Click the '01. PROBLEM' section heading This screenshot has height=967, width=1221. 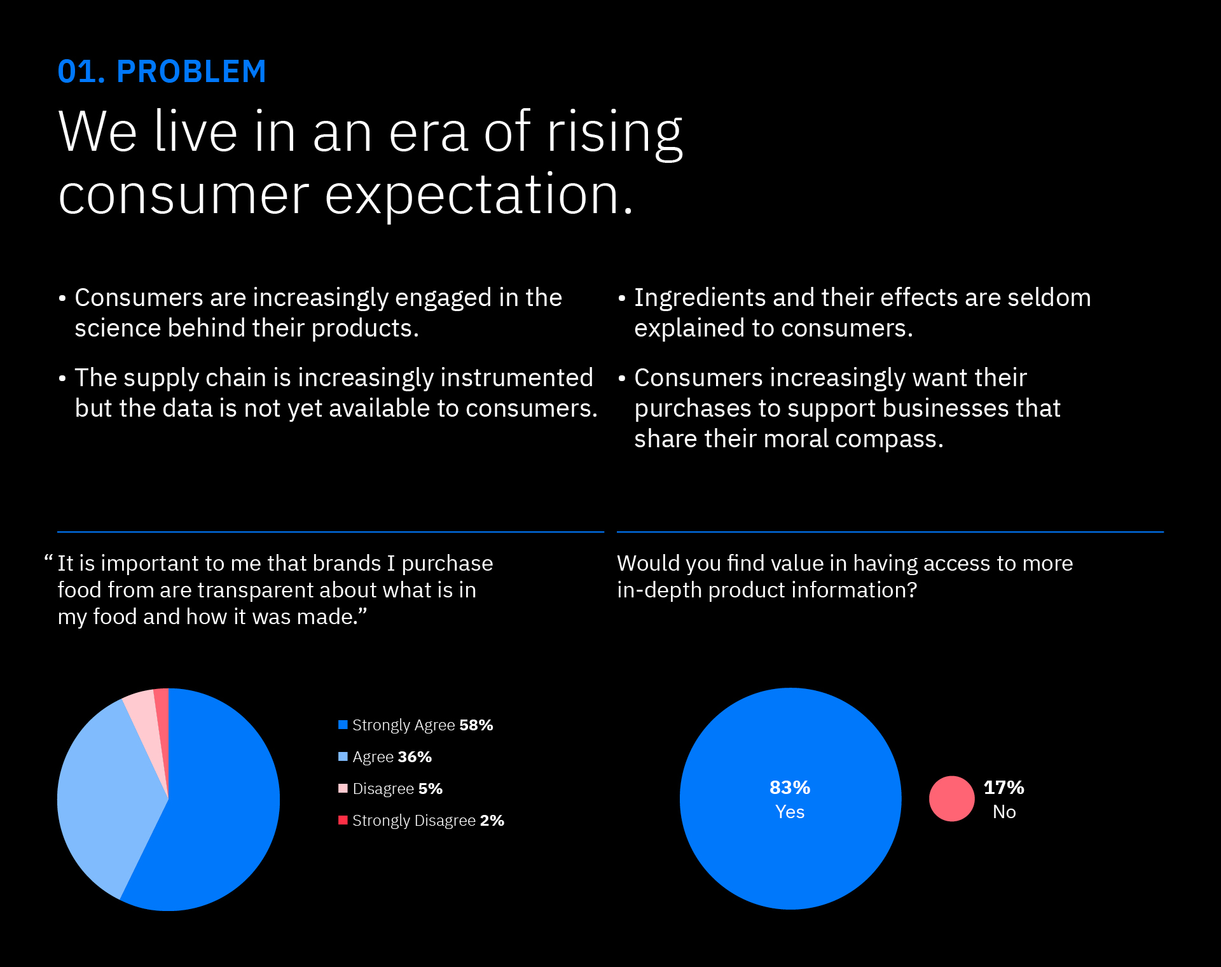162,71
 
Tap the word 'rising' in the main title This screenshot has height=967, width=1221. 614,132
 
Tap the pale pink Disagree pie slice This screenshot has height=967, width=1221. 144,713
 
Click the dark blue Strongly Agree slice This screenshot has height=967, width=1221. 216,814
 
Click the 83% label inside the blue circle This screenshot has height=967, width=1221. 790,788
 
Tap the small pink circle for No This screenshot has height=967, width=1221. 951,798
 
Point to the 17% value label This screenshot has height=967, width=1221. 1004,788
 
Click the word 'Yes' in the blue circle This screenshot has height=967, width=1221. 790,812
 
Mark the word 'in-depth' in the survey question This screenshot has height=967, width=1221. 659,590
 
